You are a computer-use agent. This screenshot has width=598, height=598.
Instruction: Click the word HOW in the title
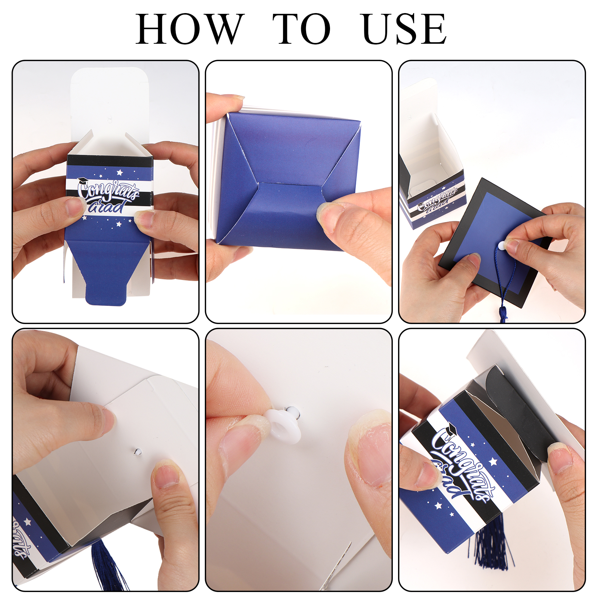click(190, 29)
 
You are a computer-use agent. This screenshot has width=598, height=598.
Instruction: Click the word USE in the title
click(404, 29)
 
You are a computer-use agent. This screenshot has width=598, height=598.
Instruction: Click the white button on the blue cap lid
click(502, 246)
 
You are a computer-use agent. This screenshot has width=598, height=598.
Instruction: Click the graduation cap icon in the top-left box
click(82, 181)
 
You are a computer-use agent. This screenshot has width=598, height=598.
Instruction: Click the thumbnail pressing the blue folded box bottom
click(328, 216)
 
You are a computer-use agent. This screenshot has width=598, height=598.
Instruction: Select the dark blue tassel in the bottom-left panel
click(108, 564)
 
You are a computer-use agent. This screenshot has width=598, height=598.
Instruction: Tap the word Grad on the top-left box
click(107, 206)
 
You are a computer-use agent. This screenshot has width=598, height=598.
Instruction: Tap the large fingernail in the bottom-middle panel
click(370, 449)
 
